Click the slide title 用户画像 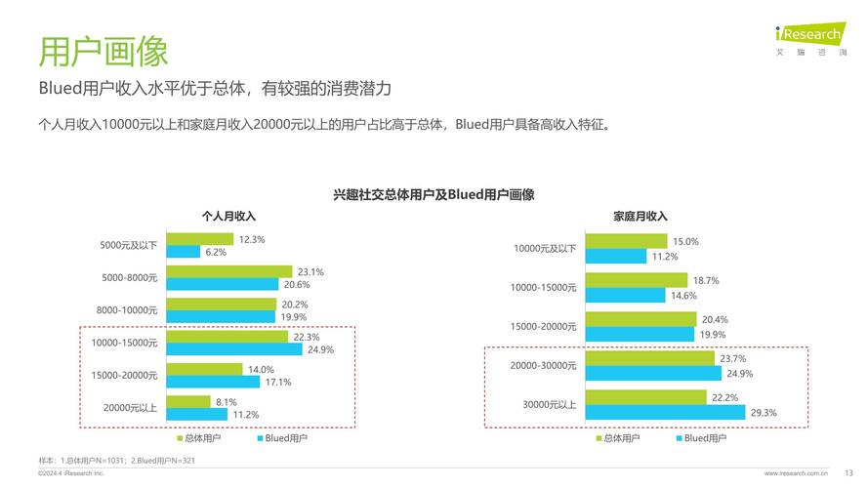coord(103,50)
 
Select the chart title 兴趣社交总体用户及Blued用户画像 coord(434,194)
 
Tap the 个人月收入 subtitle coord(228,216)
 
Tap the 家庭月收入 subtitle coord(640,216)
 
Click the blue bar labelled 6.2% coord(184,252)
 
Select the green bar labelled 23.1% coord(229,271)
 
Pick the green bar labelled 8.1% coord(188,401)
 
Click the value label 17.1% coord(277,382)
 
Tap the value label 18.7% coord(706,281)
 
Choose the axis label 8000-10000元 coord(127,310)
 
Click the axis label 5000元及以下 coord(129,246)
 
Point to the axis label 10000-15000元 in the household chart coord(544,288)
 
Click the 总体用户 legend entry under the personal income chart coord(198,438)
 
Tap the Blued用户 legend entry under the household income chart coord(699,438)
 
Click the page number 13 coord(848,473)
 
